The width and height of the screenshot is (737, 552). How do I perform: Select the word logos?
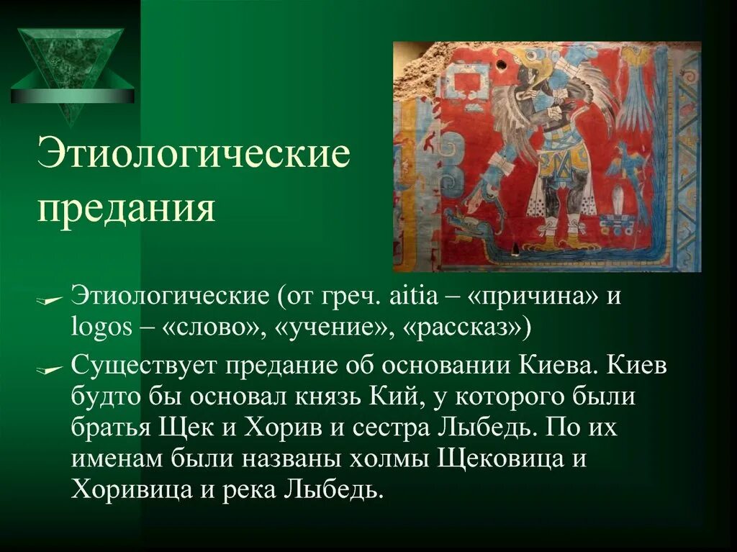pyautogui.click(x=101, y=329)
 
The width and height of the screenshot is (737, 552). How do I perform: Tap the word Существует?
pyautogui.click(x=144, y=366)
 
